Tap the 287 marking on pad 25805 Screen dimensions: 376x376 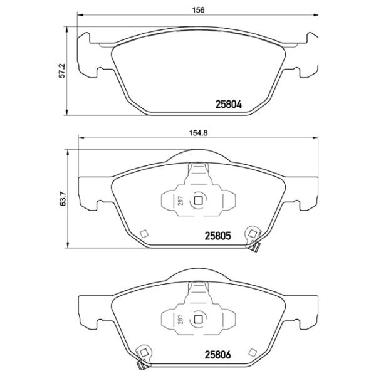pyautogui.click(x=179, y=201)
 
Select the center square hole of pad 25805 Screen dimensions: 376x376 pyautogui.click(x=198, y=201)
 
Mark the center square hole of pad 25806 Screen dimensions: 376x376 pyautogui.click(x=198, y=318)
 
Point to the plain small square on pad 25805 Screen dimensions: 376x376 pyautogui.click(x=144, y=234)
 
